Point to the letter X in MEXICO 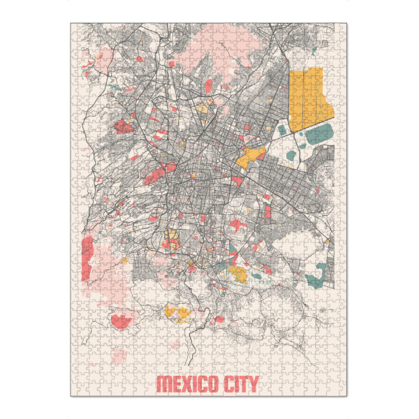[x=183, y=384]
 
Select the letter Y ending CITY [x=253, y=384]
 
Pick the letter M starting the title [x=161, y=384]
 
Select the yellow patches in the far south [x=175, y=311]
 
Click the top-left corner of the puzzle [x=71, y=23]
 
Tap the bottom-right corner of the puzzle [x=347, y=396]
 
